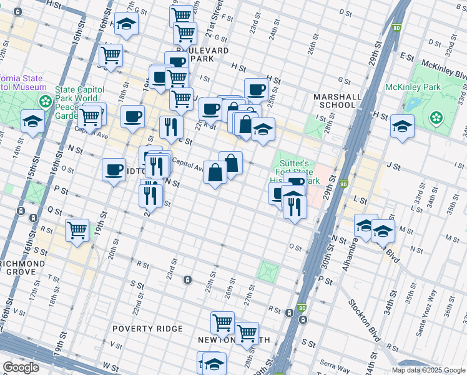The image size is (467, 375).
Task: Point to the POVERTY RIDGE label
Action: pyautogui.click(x=147, y=329)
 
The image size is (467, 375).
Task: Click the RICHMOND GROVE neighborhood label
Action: pyautogui.click(x=22, y=268)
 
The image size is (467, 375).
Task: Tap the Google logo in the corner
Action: pyautogui.click(x=21, y=367)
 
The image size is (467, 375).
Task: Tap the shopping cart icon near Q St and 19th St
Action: pyautogui.click(x=77, y=229)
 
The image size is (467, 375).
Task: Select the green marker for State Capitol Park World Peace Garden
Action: pyautogui.click(x=45, y=101)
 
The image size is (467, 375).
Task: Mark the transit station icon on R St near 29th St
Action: pyautogui.click(x=289, y=312)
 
